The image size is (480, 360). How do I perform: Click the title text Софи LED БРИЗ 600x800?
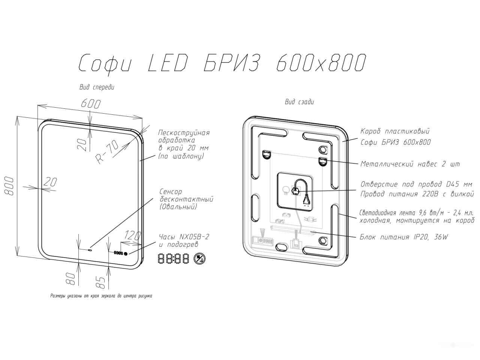222,63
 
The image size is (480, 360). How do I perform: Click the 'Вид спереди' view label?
97,87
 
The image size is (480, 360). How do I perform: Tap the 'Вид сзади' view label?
299,102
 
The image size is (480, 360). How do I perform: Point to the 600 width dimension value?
91,104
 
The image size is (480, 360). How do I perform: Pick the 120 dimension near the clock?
132,235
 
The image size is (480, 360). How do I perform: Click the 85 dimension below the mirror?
100,283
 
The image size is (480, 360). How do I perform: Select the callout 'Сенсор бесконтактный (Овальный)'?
186,199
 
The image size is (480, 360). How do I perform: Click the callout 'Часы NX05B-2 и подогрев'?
184,241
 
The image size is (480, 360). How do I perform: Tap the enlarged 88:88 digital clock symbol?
173,258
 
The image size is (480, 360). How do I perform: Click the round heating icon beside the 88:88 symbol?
199,259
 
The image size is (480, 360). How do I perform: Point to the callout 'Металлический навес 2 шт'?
410,164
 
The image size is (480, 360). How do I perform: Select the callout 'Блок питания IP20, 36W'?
404,237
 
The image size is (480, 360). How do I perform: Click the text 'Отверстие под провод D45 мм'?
416,184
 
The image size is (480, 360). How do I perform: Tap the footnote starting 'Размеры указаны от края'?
101,296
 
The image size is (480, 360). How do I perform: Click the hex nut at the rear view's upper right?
323,150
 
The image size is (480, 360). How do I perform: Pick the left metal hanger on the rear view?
266,154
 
